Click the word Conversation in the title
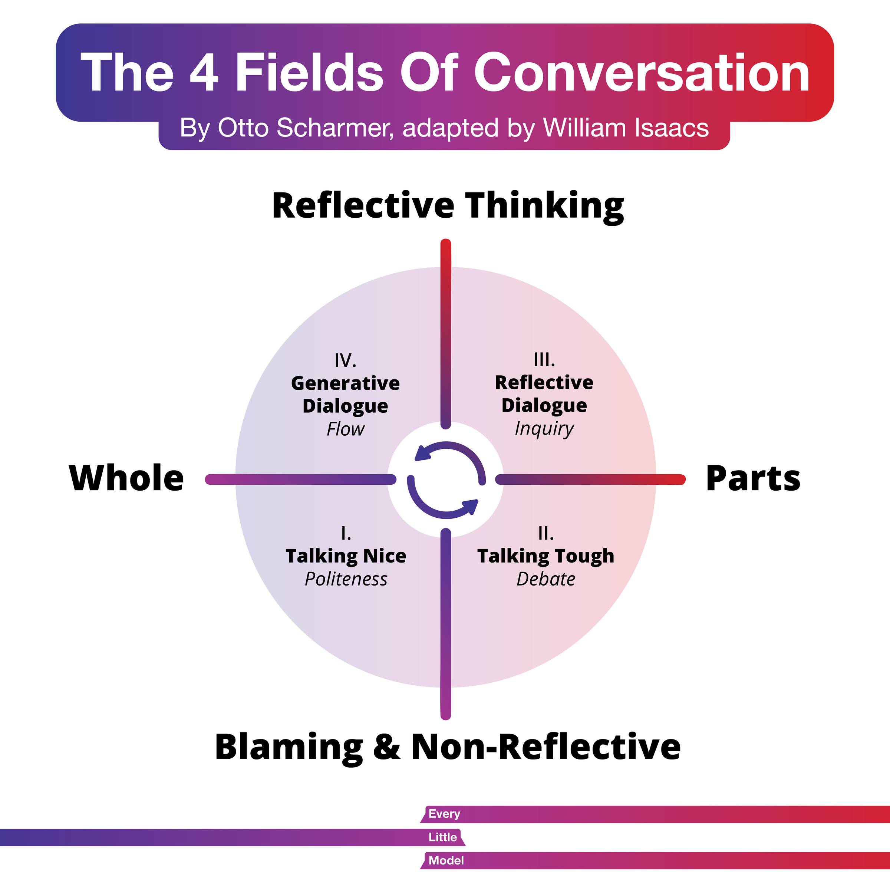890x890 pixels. click(x=641, y=73)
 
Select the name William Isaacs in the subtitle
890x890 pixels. click(x=626, y=128)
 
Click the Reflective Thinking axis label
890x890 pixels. click(x=448, y=206)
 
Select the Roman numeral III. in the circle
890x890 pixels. click(x=544, y=360)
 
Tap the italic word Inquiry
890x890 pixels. click(x=544, y=428)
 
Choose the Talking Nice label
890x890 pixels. click(x=346, y=556)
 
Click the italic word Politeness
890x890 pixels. click(x=346, y=579)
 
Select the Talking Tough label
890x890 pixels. click(x=545, y=556)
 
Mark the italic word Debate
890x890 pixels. click(x=545, y=579)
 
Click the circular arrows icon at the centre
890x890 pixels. click(x=446, y=479)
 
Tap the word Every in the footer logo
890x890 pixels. click(x=444, y=814)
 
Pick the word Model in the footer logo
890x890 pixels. click(x=446, y=860)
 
